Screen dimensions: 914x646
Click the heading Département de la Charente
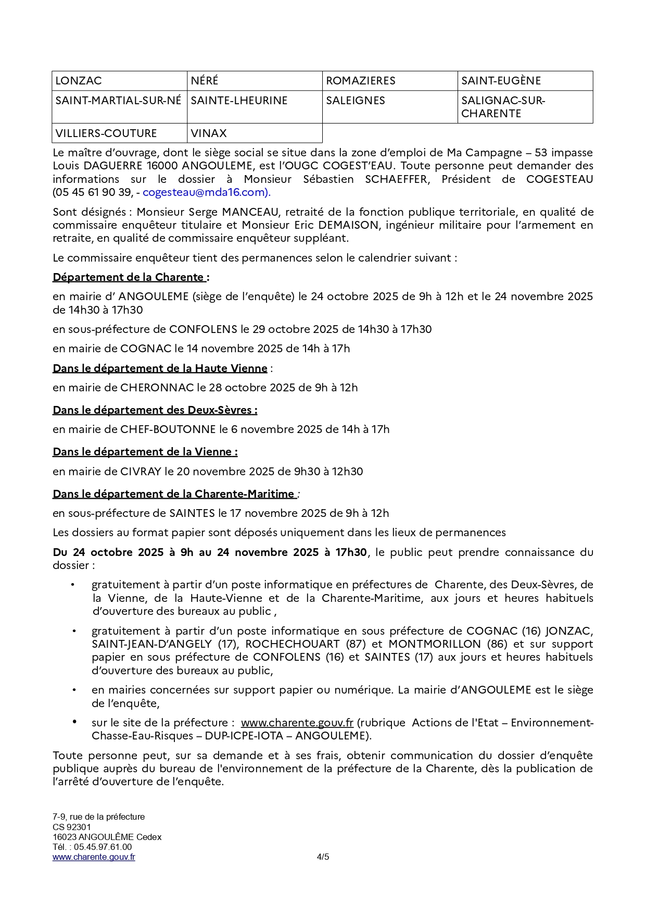[x=130, y=277]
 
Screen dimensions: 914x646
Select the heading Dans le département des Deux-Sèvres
[x=155, y=410]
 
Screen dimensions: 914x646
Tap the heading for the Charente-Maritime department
[x=174, y=494]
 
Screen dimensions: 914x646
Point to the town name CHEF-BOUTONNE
[x=168, y=429]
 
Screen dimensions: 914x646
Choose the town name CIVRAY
[x=141, y=472]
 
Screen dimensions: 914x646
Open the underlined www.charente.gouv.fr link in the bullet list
[x=297, y=723]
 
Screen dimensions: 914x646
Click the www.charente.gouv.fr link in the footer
[x=94, y=857]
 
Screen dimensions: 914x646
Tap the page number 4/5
[x=323, y=857]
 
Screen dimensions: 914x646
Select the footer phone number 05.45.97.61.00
[x=103, y=847]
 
